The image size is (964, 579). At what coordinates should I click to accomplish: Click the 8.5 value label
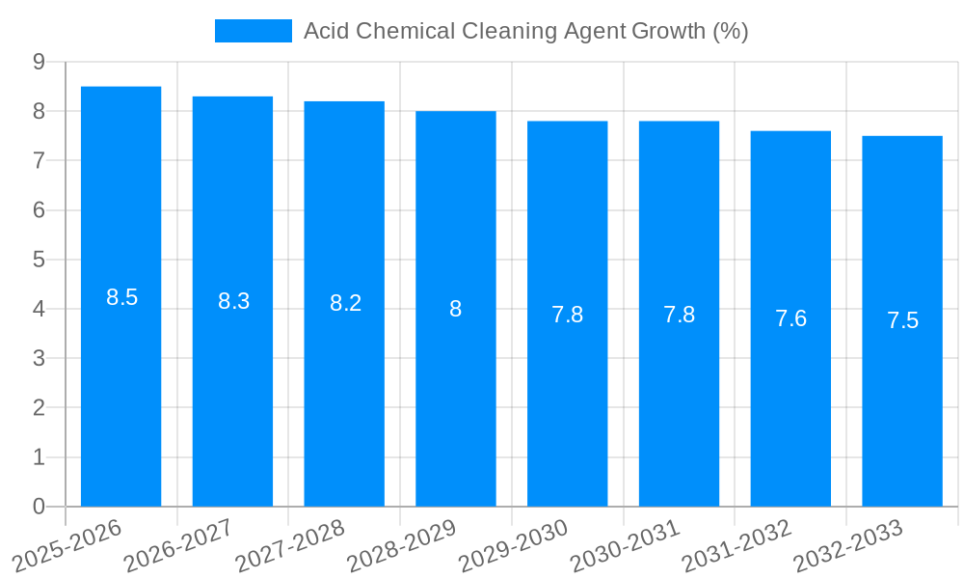[x=122, y=297]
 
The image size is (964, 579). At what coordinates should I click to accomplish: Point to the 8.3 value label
[x=234, y=301]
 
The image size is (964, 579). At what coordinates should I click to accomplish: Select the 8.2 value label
[x=345, y=303]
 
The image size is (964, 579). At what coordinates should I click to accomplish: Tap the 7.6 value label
[x=790, y=318]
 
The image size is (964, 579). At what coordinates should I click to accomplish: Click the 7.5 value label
[x=902, y=320]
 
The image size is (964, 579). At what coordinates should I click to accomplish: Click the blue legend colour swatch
[x=253, y=31]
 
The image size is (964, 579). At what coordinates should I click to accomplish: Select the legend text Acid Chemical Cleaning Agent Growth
[x=525, y=31]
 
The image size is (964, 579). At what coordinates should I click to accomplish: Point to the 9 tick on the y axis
[x=39, y=62]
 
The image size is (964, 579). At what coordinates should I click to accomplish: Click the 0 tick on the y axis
[x=39, y=507]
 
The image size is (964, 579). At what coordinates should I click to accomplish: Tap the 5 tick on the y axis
[x=39, y=260]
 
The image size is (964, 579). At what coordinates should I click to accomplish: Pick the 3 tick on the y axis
[x=39, y=359]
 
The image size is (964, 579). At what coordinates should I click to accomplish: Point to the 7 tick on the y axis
[x=39, y=160]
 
